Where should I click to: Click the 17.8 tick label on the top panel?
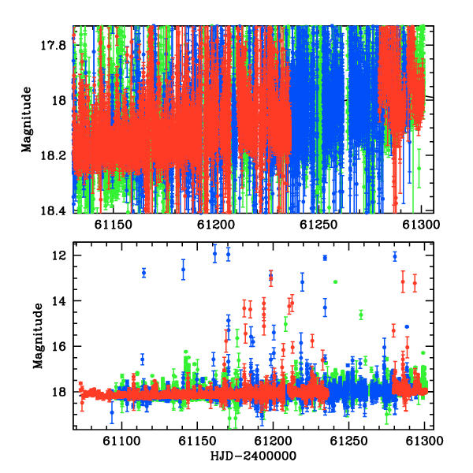click(x=53, y=46)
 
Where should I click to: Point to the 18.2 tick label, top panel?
click(x=53, y=155)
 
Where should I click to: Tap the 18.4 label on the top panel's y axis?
click(x=53, y=210)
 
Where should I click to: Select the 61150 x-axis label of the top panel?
click(x=113, y=225)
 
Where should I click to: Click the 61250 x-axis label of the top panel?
click(x=318, y=225)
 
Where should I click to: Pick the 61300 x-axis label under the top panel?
click(x=422, y=225)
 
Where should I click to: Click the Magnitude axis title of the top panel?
click(x=27, y=120)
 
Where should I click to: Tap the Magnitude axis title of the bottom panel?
click(x=38, y=336)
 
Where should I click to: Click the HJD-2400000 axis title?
click(x=253, y=456)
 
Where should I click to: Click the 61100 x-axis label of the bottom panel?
click(x=121, y=441)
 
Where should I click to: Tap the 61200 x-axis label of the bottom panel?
click(x=273, y=441)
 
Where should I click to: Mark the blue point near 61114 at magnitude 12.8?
click(x=144, y=273)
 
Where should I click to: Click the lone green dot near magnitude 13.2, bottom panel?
click(x=336, y=281)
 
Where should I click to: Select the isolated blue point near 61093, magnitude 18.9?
click(x=112, y=412)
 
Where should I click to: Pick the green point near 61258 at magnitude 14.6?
click(x=361, y=315)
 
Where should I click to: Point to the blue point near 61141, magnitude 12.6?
click(x=183, y=270)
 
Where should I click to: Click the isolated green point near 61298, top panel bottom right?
click(x=419, y=169)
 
